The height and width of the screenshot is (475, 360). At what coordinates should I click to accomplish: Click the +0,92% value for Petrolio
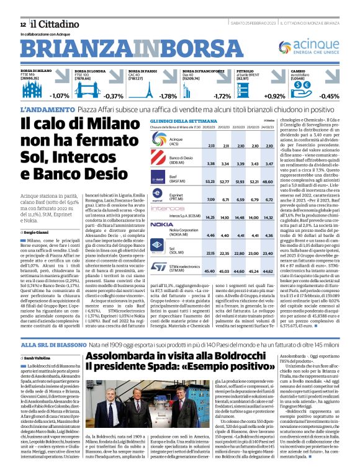tap(274, 96)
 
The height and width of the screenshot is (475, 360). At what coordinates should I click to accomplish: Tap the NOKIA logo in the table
tap(161, 224)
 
